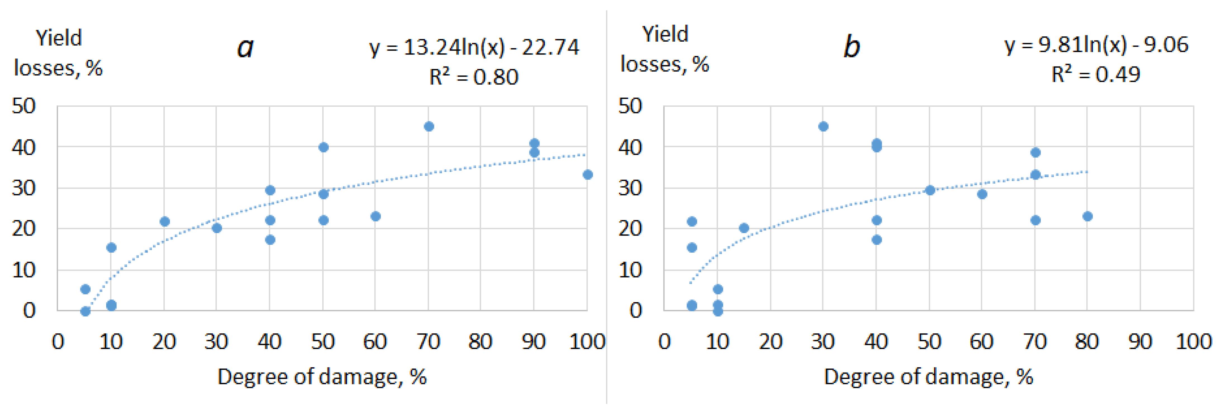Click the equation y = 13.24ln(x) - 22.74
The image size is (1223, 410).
pos(474,47)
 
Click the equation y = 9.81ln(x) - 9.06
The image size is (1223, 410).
pos(1096,45)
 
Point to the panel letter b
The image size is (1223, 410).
pos(851,47)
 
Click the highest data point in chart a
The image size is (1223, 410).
pos(429,126)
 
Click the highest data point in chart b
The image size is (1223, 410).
pos(823,126)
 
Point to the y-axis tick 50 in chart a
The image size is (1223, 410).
pos(24,106)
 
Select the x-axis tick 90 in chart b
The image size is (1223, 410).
pos(1140,342)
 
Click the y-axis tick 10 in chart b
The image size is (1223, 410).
pos(630,270)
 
